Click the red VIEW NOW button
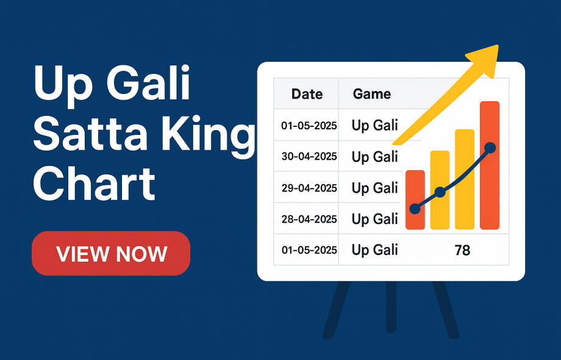pos(111,253)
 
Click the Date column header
pos(307,94)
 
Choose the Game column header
pos(372,94)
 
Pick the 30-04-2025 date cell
pos(309,156)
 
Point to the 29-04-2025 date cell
pos(309,188)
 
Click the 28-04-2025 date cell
pos(309,219)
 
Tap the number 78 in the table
pos(462,250)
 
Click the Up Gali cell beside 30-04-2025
pos(374,156)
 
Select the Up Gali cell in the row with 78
pos(374,250)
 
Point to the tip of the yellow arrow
pos(496,47)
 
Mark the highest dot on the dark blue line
pos(490,148)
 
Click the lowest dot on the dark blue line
pos(415,209)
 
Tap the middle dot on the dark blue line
pos(440,193)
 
